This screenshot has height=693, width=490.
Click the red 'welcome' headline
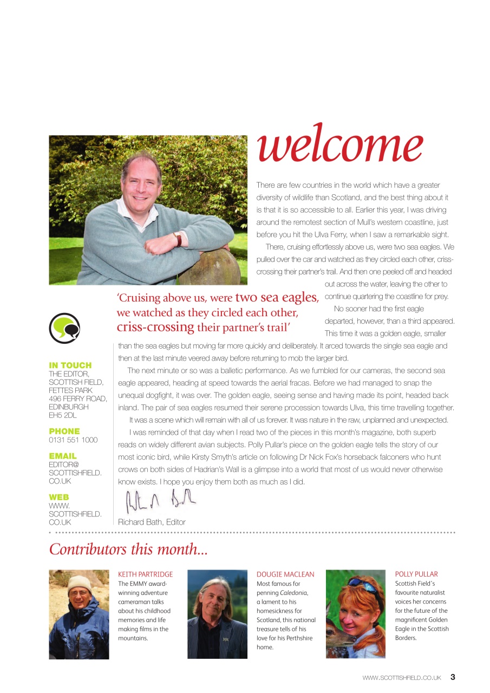[339, 145]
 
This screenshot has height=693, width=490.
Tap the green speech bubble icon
[64, 328]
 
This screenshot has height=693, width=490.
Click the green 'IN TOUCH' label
[70, 365]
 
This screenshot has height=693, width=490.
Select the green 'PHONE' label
[64, 432]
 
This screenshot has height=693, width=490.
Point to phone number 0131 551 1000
[73, 440]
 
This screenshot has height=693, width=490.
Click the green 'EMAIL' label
[63, 456]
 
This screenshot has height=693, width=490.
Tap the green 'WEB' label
[59, 497]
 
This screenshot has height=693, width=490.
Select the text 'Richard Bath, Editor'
[152, 522]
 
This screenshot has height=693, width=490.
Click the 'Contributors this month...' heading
[128, 549]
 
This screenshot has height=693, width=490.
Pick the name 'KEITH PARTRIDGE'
[146, 574]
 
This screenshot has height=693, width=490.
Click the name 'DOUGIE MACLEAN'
[285, 574]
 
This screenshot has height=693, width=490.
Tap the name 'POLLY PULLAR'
[416, 574]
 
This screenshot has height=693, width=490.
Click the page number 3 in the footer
[453, 677]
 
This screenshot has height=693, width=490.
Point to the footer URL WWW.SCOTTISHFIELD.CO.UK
[402, 677]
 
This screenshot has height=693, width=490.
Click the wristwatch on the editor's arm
[177, 239]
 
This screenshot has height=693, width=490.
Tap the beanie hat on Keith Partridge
[80, 584]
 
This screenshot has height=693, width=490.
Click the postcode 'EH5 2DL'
[63, 415]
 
